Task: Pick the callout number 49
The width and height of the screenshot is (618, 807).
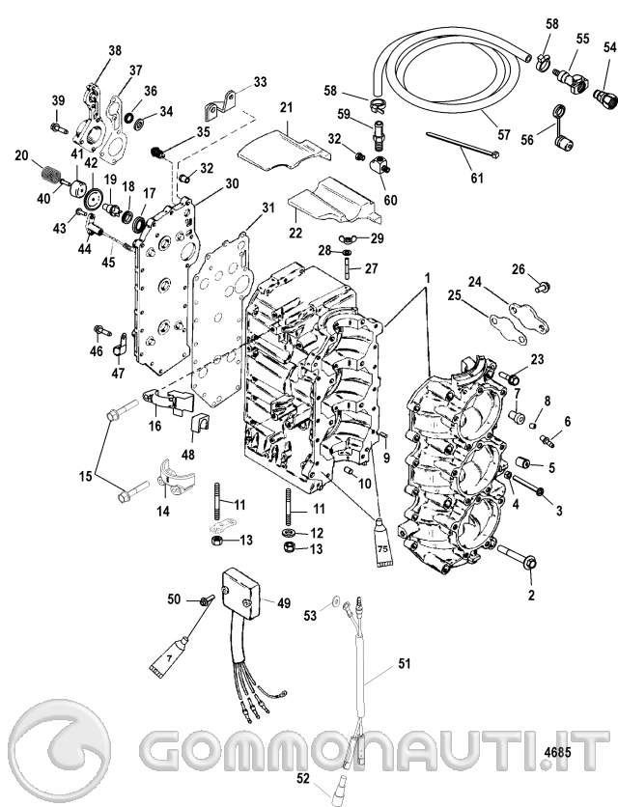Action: pos(284,602)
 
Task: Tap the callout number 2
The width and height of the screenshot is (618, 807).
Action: pos(528,577)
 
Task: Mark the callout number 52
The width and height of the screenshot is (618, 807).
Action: pos(302,777)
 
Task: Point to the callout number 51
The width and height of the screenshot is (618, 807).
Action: pos(405,664)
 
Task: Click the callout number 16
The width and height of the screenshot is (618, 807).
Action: pos(154,426)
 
